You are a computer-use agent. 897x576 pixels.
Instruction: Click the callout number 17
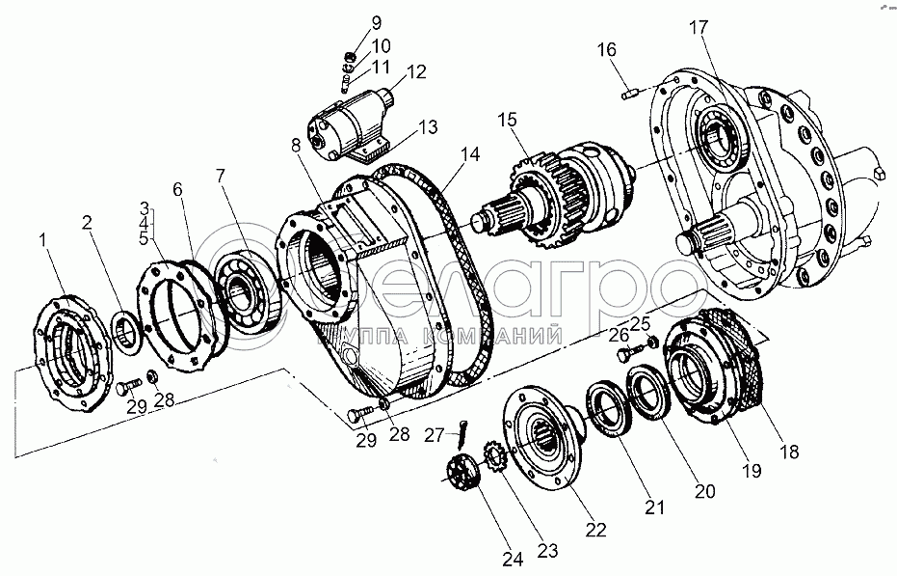pyautogui.click(x=697, y=28)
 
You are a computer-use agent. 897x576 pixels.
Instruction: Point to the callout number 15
pyautogui.click(x=507, y=120)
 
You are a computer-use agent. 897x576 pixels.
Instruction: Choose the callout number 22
pyautogui.click(x=596, y=529)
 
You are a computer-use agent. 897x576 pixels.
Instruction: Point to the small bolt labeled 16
pyautogui.click(x=631, y=93)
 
